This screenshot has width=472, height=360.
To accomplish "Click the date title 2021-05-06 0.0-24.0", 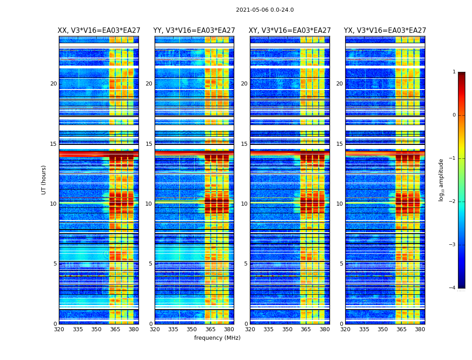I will pyautogui.click(x=265, y=10).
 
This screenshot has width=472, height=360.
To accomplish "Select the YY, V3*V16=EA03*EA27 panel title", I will pyautogui.click(x=194, y=31).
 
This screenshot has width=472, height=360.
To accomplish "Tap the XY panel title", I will pyautogui.click(x=290, y=31).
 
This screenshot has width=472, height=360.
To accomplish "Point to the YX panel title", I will pyautogui.click(x=385, y=31).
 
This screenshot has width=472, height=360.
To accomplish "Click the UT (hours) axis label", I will pyautogui.click(x=44, y=180).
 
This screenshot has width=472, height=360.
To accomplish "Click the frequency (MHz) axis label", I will pyautogui.click(x=217, y=338).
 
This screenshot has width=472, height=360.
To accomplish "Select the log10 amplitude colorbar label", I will pyautogui.click(x=441, y=180).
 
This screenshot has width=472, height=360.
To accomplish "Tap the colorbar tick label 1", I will pyautogui.click(x=454, y=72).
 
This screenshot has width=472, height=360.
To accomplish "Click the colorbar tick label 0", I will pyautogui.click(x=454, y=115).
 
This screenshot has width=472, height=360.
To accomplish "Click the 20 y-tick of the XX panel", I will pyautogui.click(x=53, y=84).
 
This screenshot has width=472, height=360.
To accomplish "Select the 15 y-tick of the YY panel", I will pyautogui.click(x=149, y=144).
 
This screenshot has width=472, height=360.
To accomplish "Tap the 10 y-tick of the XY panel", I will pyautogui.click(x=244, y=204).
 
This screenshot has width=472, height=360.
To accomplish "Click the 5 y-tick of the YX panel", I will pyautogui.click(x=341, y=264).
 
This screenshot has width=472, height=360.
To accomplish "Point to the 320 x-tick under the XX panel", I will pyautogui.click(x=59, y=329).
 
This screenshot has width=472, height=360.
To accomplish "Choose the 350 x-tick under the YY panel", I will pyautogui.click(x=192, y=329).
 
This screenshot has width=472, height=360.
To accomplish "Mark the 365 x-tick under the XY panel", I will pyautogui.click(x=306, y=329).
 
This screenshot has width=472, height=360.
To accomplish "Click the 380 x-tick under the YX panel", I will pyautogui.click(x=420, y=329).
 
